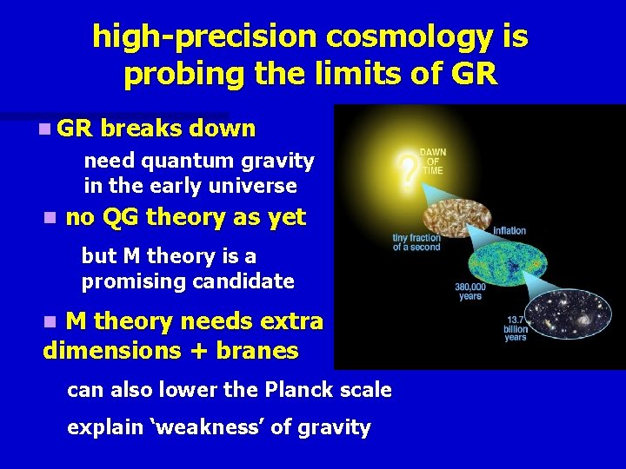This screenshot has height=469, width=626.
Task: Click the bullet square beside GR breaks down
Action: pyautogui.click(x=45, y=129)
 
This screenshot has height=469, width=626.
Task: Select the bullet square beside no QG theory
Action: pyautogui.click(x=50, y=218)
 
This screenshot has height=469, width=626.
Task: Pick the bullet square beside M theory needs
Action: pyautogui.click(x=50, y=321)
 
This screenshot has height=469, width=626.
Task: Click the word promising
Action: pyautogui.click(x=134, y=282)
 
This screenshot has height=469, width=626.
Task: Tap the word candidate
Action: pyautogui.click(x=243, y=281)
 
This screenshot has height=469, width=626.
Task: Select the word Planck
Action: pyautogui.click(x=299, y=389)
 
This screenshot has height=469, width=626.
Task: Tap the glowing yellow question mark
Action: pyautogui.click(x=407, y=168)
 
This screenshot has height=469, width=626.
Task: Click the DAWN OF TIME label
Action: pyautogui.click(x=433, y=162)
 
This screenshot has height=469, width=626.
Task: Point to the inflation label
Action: pyautogui.click(x=509, y=230)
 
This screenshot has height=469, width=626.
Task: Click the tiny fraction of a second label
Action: pyautogui.click(x=416, y=242)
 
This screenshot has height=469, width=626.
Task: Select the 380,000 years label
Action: pyautogui.click(x=470, y=291)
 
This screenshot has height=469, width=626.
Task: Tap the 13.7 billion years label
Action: pyautogui.click(x=516, y=328)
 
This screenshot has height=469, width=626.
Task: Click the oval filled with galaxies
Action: pyautogui.click(x=568, y=314)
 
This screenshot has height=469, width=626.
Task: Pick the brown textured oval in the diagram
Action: pyautogui.click(x=457, y=219)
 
